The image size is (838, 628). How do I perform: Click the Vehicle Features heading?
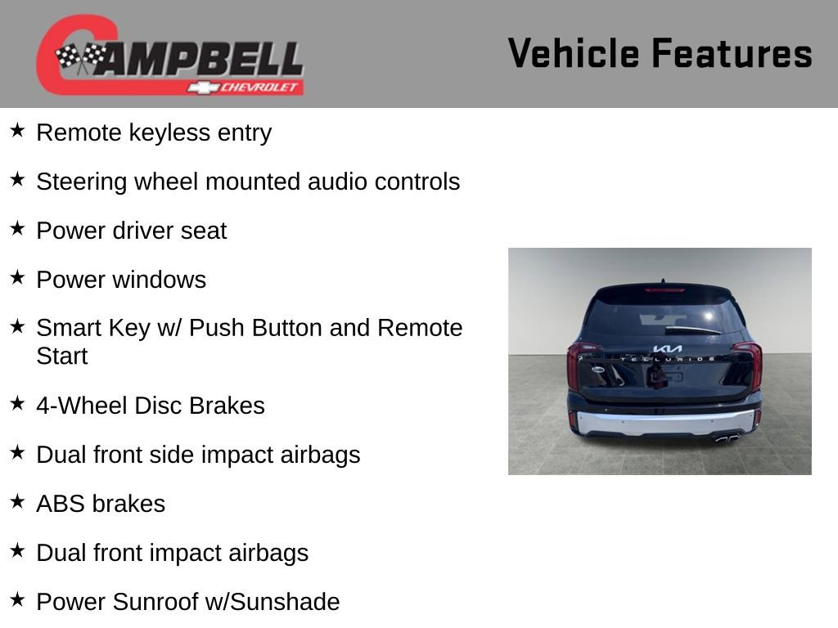coord(660,54)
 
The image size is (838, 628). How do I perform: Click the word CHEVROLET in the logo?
coord(261,87)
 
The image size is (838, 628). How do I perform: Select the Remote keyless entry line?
coord(154,132)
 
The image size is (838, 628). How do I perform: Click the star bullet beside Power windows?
coord(17,278)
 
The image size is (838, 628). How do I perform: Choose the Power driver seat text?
coord(131,231)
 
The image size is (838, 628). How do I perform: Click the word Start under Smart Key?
coord(62,357)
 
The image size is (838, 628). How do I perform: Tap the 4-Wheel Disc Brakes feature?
coord(151,406)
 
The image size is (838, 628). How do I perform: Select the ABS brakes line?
coord(101,504)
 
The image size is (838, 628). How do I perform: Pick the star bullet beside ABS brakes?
coord(17,502)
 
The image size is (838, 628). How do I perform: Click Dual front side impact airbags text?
coord(198,455)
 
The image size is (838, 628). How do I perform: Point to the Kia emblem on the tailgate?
coord(667,349)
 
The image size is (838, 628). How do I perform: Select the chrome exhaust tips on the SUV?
coord(727,438)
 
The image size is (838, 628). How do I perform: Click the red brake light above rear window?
coord(664,289)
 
